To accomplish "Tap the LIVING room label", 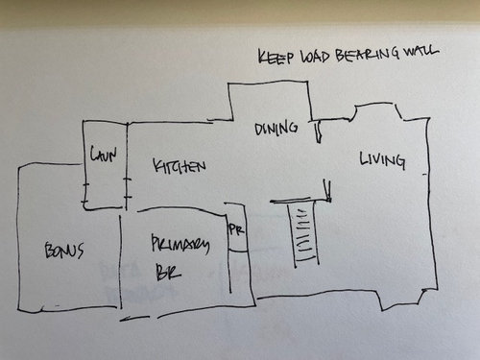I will (381, 158).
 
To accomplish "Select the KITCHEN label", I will (180, 168).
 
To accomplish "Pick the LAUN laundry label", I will (104, 154).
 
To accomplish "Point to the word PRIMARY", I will (180, 246).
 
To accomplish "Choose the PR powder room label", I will (236, 230).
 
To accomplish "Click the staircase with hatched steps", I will (303, 235).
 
